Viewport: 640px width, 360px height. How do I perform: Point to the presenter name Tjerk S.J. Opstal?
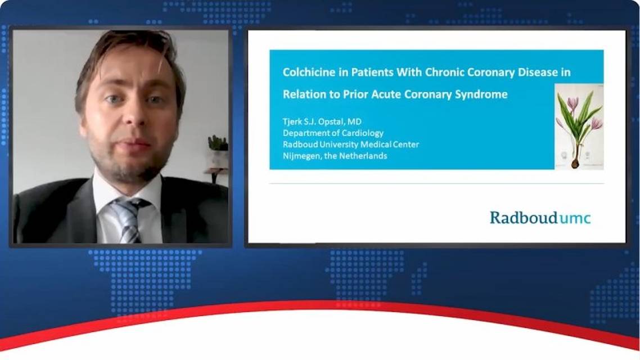coord(313,121)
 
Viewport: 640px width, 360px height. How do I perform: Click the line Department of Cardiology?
coord(333,133)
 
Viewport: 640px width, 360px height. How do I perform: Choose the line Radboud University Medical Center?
coord(350,145)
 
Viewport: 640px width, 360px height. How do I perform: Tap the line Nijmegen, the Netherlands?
coord(335,156)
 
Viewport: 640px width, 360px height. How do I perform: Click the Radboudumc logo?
coord(540,218)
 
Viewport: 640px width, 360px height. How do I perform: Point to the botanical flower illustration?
coord(579,127)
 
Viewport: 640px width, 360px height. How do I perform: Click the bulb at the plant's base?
coord(575,163)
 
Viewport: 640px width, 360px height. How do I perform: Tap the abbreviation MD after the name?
coord(354,121)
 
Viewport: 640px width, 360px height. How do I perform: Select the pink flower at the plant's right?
coord(597,123)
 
